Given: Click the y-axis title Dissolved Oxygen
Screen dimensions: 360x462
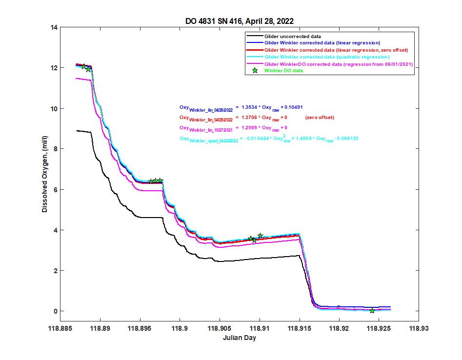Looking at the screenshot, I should pos(44,169).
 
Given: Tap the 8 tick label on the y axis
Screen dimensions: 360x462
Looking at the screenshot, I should pos(57,149).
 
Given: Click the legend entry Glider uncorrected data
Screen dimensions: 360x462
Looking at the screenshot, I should pos(292,36).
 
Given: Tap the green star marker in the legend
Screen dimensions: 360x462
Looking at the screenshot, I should pos(255,71).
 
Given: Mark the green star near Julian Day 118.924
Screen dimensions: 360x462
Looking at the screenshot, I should pos(372,311).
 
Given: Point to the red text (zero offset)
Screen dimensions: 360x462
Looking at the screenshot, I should pos(320,118).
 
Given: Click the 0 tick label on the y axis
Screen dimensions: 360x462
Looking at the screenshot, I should pos(57,311).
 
